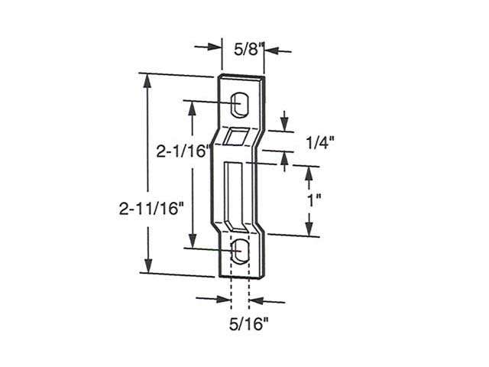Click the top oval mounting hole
(240, 103)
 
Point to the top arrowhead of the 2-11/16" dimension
(144, 80)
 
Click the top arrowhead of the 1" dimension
(309, 170)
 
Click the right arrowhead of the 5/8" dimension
(268, 51)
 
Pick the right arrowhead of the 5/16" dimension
(254, 300)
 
